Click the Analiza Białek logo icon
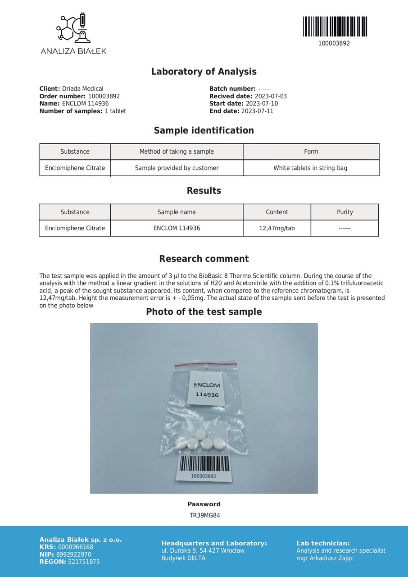point(73,28)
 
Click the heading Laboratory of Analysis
point(204,72)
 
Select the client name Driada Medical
point(82,89)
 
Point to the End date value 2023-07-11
point(257,111)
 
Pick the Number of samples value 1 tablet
point(115,111)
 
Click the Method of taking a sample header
point(177,151)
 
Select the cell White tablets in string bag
point(310,168)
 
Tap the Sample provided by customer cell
point(177,168)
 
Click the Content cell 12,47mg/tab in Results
point(277,228)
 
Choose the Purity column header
point(345,212)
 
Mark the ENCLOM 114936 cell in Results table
point(177,228)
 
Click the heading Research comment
point(204,259)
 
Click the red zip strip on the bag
point(206,362)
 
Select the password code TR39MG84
point(204,515)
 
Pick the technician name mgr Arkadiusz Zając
point(325,558)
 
